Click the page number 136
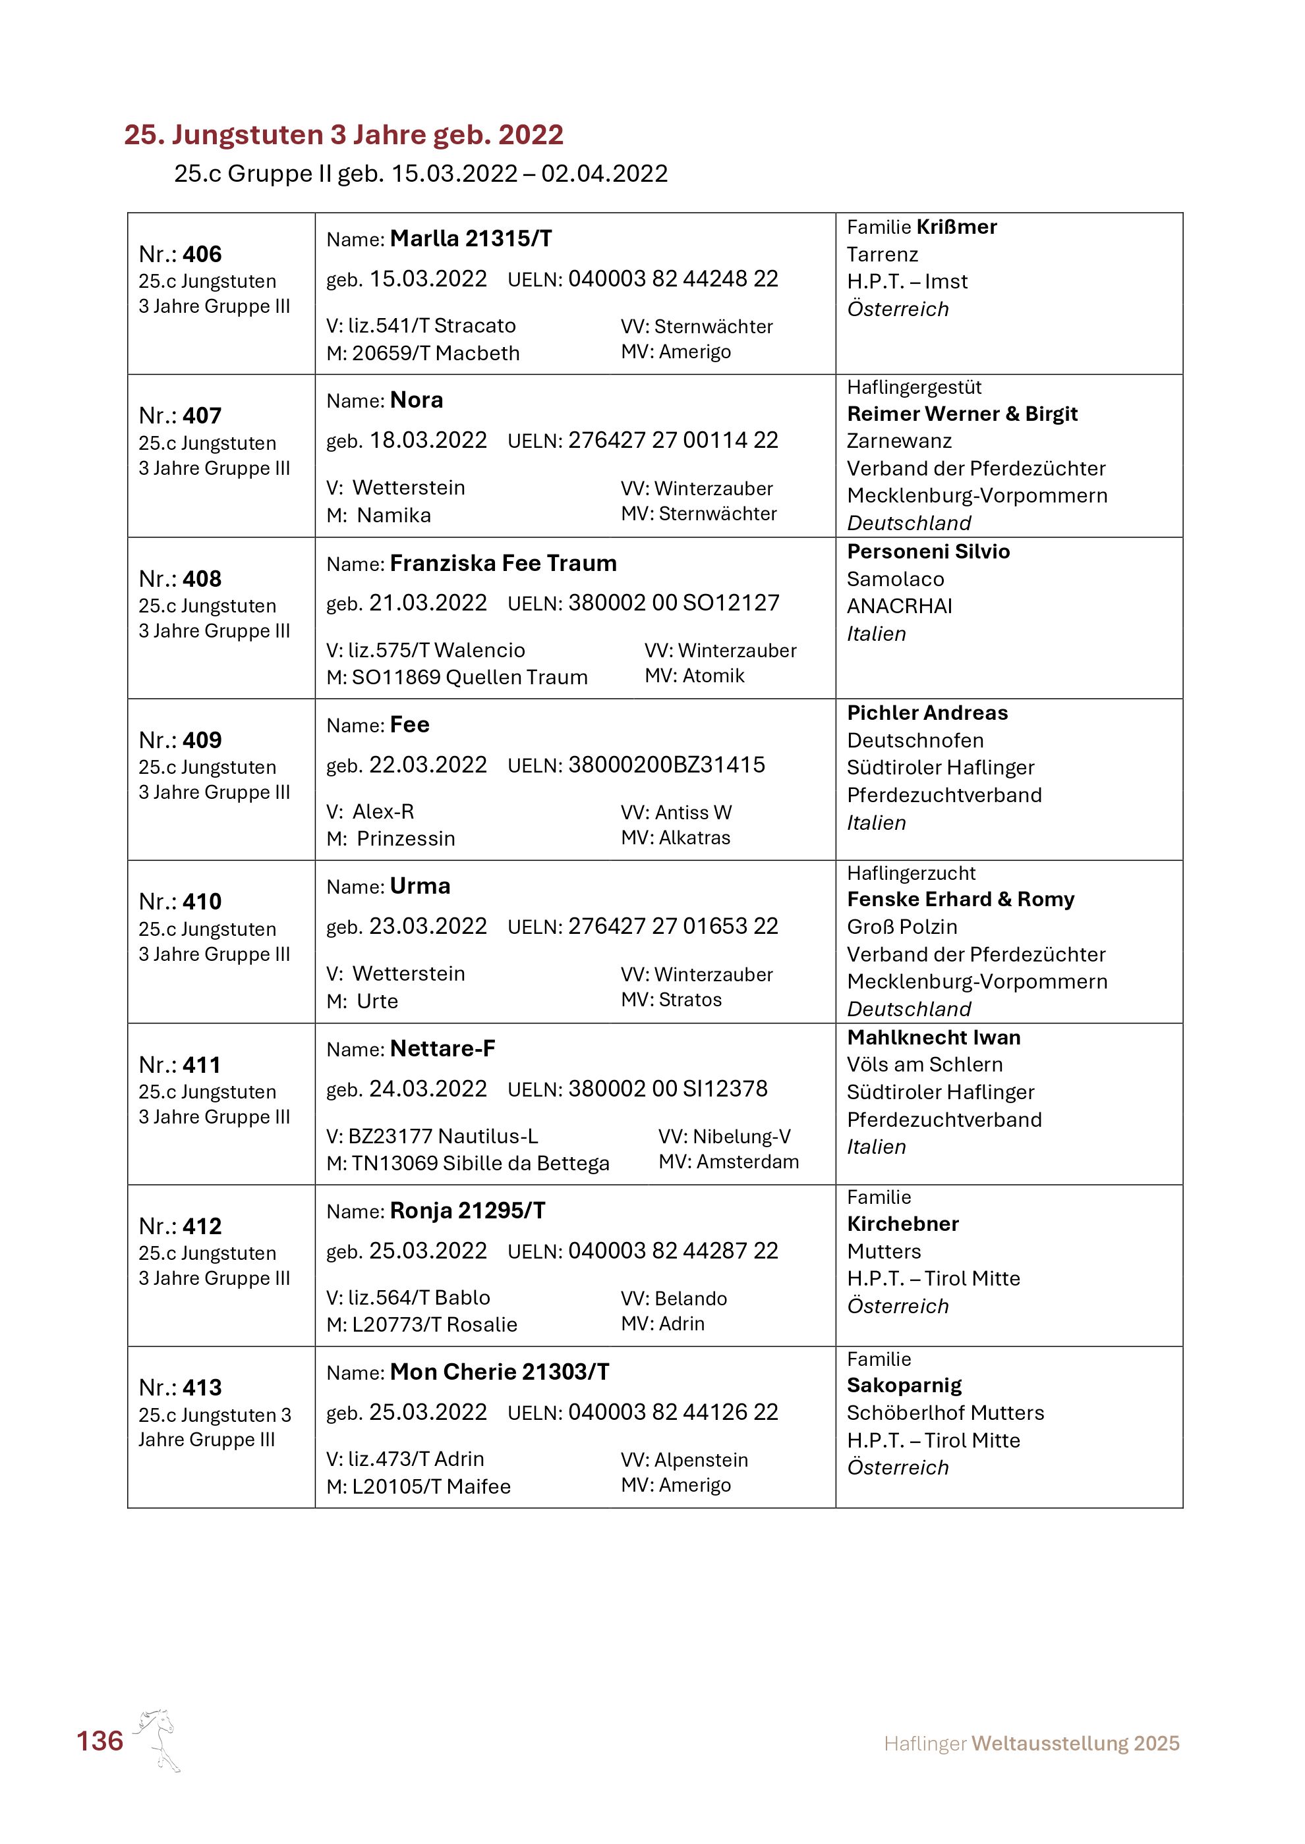100,1741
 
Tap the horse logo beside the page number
158,1739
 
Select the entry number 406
201,255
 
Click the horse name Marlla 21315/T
471,238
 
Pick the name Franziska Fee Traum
503,563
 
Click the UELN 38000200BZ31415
666,765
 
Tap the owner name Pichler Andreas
927,713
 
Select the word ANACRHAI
899,607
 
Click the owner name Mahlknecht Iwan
934,1038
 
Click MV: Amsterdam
728,1162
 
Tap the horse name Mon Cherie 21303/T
499,1372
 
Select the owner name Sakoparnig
904,1386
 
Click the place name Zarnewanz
899,441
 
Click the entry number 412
201,1226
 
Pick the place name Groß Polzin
902,927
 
